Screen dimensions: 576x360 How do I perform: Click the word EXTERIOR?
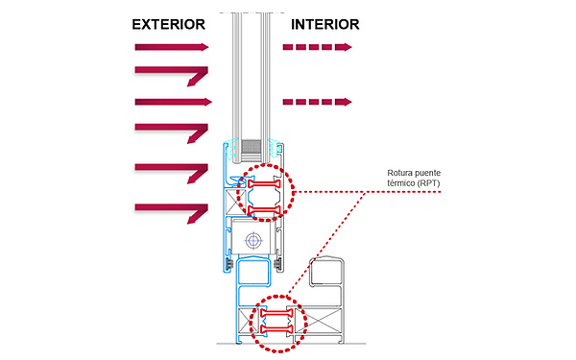tap(168, 25)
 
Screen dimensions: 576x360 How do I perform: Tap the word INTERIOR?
tap(325, 25)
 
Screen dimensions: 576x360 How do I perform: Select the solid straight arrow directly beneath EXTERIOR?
tap(172, 47)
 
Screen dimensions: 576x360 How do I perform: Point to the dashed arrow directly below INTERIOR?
tap(318, 47)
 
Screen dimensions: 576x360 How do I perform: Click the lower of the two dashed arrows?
tap(318, 102)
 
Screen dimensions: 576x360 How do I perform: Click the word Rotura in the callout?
tap(398, 173)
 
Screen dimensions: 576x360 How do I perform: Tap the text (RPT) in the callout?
tap(429, 183)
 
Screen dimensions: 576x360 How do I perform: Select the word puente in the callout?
tap(426, 174)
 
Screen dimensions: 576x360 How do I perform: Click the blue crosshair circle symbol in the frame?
tap(253, 241)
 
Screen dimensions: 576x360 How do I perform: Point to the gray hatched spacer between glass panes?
tap(252, 146)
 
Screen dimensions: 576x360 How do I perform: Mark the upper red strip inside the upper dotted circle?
tap(265, 184)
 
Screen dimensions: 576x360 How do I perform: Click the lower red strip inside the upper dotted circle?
tap(265, 211)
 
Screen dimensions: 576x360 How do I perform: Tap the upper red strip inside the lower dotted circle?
tap(276, 313)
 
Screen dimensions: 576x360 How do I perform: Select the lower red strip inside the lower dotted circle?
tap(276, 328)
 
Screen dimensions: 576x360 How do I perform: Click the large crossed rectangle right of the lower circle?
tap(318, 321)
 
